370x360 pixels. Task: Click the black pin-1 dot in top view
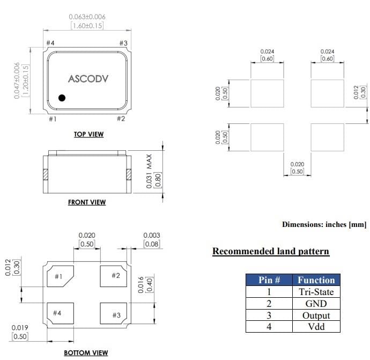(x=62, y=98)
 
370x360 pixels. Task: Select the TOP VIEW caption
(x=88, y=134)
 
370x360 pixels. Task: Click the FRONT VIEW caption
(x=87, y=202)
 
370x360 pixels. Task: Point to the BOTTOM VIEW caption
(x=86, y=352)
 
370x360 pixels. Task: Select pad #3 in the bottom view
(x=114, y=314)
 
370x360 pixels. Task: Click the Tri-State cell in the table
(x=316, y=292)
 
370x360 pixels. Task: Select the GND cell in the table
(x=316, y=304)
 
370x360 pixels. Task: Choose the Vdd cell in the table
(x=316, y=326)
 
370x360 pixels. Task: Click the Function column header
(x=316, y=280)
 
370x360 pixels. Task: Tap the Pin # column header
(x=269, y=280)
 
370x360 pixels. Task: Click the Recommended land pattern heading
(x=271, y=251)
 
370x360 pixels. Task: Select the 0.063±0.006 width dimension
(x=87, y=17)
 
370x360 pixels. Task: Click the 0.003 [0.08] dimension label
(x=152, y=240)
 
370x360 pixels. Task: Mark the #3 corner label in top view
(x=123, y=43)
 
